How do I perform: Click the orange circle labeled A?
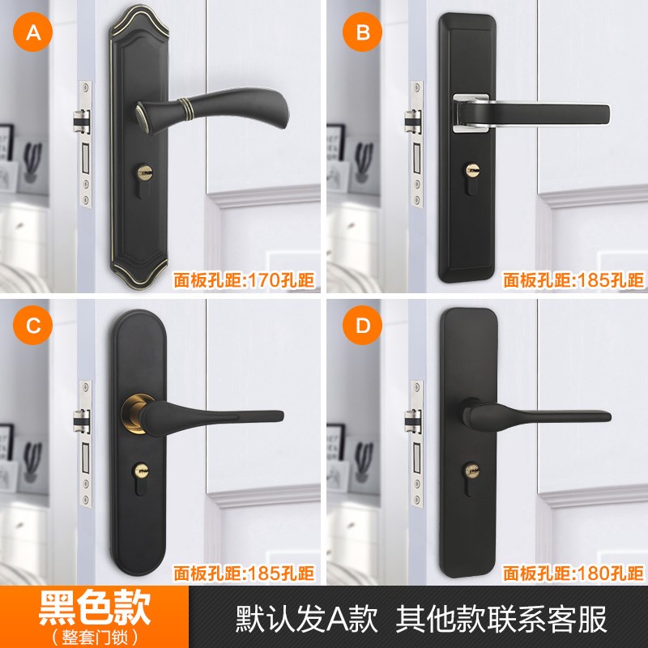tap(33, 33)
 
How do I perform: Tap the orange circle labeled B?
tap(362, 33)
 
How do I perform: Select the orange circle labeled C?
tap(33, 326)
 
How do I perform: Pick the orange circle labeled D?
tap(362, 326)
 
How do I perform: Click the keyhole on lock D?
tap(471, 470)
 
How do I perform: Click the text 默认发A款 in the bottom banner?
tap(306, 618)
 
